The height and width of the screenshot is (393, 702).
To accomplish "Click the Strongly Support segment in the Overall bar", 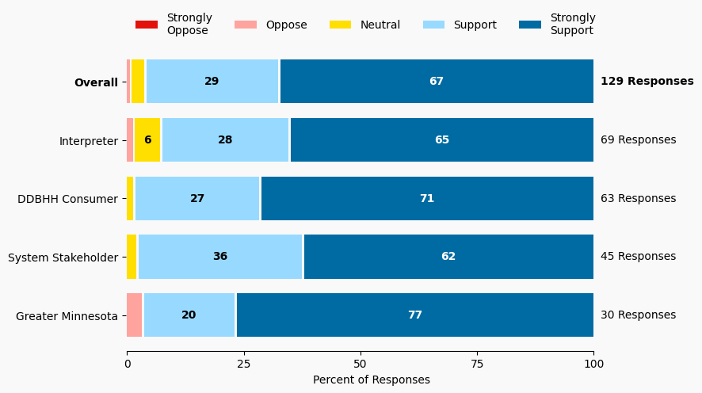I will click(x=437, y=82).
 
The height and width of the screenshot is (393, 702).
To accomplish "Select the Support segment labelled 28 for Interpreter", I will click(x=225, y=140).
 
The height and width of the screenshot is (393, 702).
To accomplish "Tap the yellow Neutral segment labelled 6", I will click(x=147, y=140).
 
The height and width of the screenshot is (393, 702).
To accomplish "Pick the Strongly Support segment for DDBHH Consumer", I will click(x=427, y=199).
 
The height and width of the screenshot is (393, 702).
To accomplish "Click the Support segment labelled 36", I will click(x=220, y=257).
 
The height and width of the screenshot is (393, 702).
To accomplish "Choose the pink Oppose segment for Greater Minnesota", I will click(x=135, y=315).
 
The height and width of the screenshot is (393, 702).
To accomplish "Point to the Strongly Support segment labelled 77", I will click(x=415, y=315).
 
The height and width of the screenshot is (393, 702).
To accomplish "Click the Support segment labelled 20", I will click(x=189, y=315).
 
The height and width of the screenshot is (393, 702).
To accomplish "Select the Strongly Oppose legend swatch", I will click(x=147, y=25).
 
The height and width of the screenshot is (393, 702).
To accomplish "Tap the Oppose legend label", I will click(x=286, y=25).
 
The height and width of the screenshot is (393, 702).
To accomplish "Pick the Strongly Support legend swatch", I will click(x=530, y=25).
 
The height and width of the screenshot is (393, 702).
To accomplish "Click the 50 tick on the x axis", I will click(x=361, y=364).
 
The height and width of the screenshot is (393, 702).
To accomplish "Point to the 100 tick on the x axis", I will click(x=593, y=364).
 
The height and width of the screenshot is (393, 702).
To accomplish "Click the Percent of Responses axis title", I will click(x=371, y=380).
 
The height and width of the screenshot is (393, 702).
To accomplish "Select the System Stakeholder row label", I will click(x=63, y=257).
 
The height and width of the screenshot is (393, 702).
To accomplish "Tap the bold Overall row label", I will click(x=96, y=82).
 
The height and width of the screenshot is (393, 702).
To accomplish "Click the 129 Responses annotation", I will click(x=647, y=82).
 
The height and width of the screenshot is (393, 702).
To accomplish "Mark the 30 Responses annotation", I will click(x=638, y=315).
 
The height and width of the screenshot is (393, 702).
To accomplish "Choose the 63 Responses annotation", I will click(x=638, y=199).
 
